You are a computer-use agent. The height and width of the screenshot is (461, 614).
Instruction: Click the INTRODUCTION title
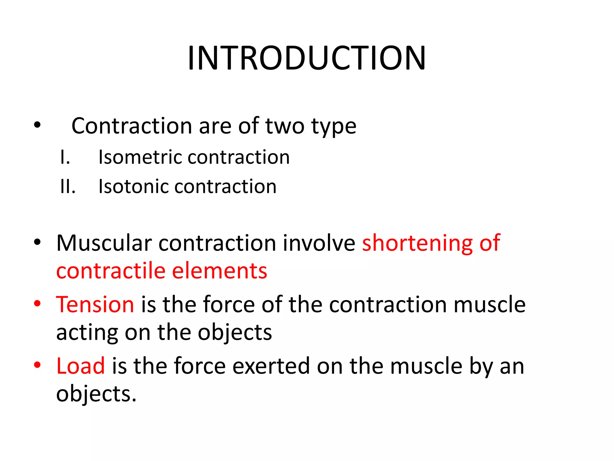point(306,58)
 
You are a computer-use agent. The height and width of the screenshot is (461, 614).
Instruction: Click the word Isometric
point(140,157)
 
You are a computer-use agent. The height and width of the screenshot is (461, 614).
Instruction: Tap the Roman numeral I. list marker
point(65,157)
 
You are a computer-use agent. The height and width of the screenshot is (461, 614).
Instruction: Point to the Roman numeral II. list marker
point(68,186)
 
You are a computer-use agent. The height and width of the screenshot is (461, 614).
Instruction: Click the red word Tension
point(95,304)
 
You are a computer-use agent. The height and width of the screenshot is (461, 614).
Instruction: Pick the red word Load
point(80,366)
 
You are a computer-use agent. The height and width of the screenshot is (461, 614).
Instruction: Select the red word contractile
point(111,271)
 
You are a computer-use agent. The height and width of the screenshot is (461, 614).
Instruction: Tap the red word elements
point(219,271)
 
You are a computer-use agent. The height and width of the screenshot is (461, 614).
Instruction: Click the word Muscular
point(104,243)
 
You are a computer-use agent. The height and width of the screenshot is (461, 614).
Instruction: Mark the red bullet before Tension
point(37,303)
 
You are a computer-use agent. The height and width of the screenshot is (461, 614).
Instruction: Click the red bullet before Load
point(37,365)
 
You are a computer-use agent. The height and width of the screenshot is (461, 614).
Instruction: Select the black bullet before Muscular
point(37,242)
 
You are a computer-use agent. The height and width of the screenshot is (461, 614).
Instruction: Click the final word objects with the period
point(96,394)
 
